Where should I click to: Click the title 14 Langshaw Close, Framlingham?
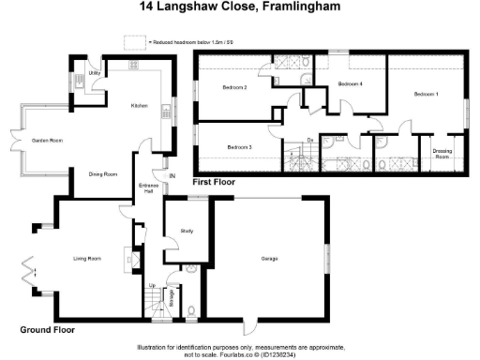click(240, 7)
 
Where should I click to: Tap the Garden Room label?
click(47, 140)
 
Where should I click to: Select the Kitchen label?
click(140, 106)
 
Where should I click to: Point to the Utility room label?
click(95, 72)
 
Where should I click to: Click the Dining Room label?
click(103, 173)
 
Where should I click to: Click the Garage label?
click(271, 258)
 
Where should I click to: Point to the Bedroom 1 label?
click(427, 94)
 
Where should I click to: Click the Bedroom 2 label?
click(234, 87)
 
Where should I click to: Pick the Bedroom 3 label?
click(240, 146)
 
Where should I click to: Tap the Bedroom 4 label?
click(350, 83)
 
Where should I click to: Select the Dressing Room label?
click(442, 154)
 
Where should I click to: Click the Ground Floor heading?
click(47, 330)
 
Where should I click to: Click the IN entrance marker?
click(172, 176)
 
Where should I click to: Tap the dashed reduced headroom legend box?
click(136, 41)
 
